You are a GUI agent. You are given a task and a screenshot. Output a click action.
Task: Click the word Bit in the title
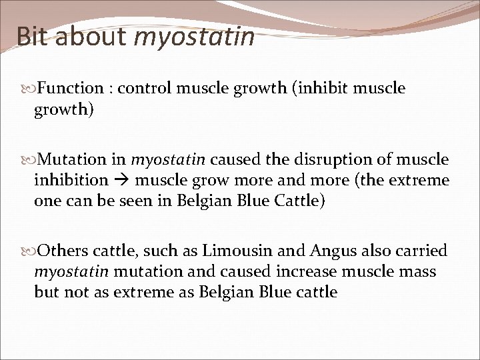32,36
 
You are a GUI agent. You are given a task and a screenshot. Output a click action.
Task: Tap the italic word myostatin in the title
194,37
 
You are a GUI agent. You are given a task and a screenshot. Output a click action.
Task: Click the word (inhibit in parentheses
315,89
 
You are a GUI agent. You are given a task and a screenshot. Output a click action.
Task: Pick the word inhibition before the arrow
71,181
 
